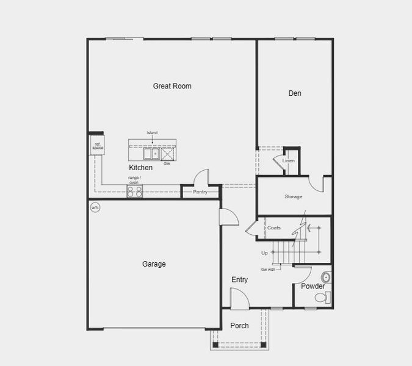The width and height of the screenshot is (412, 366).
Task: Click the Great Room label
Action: pyautogui.click(x=172, y=86)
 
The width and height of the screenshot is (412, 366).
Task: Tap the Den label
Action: pyautogui.click(x=295, y=93)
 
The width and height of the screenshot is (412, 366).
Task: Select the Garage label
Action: pyautogui.click(x=154, y=264)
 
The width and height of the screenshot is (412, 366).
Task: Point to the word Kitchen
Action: pyautogui.click(x=141, y=167)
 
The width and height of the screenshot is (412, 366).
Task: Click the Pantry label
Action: pyautogui.click(x=200, y=192)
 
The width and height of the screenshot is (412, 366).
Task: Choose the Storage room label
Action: pyautogui.click(x=293, y=196)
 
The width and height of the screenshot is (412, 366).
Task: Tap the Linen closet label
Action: pyautogui.click(x=289, y=161)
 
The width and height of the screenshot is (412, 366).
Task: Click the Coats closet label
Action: pyautogui.click(x=274, y=228)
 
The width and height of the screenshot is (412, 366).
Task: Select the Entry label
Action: pyautogui.click(x=240, y=280)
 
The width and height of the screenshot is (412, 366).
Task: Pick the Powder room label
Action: pyautogui.click(x=313, y=286)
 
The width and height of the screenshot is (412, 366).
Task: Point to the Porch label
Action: pyautogui.click(x=239, y=326)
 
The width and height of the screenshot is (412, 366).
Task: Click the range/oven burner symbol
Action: pyautogui.click(x=134, y=191)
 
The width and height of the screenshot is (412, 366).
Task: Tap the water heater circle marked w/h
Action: pyautogui.click(x=95, y=208)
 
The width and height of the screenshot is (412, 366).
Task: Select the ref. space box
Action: pyautogui.click(x=98, y=146)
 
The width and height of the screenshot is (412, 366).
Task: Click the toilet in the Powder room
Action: pyautogui.click(x=322, y=298)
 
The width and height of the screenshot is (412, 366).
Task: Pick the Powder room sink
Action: pyautogui.click(x=325, y=278)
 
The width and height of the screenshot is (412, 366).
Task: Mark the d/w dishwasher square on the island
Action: pyautogui.click(x=167, y=154)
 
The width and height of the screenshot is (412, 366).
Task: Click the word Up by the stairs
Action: pyautogui.click(x=264, y=253)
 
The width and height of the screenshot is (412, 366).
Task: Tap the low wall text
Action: pyautogui.click(x=267, y=269)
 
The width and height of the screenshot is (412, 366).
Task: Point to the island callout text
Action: pyautogui.click(x=152, y=132)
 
